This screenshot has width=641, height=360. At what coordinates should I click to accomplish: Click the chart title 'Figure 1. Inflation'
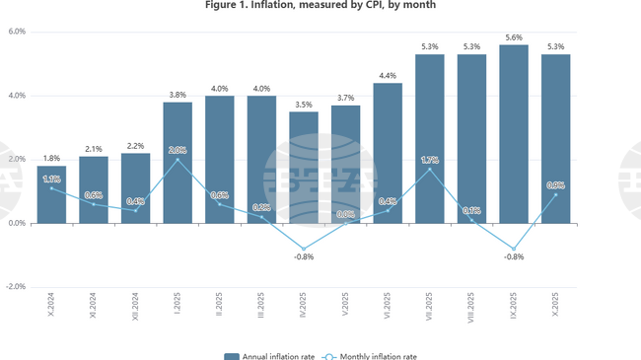[x=320, y=6]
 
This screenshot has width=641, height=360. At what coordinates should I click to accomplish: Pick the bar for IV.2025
[x=304, y=168]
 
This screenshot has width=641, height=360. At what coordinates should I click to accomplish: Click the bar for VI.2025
[x=388, y=153]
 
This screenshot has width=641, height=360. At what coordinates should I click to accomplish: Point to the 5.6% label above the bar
[x=513, y=36]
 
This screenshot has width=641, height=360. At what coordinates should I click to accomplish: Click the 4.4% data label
[x=388, y=75]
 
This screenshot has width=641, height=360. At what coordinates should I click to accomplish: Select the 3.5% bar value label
[x=304, y=104]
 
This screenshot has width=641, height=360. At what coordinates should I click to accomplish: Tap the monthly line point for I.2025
[x=178, y=160]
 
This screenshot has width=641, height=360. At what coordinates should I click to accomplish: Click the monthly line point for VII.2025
[x=429, y=169]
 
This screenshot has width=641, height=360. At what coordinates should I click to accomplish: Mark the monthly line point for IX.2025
[x=513, y=249]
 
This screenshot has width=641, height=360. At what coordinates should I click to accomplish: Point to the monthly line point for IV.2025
[x=304, y=249]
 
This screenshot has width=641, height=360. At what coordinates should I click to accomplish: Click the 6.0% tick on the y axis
[x=17, y=32]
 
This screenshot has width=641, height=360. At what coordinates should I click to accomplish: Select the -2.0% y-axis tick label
[x=16, y=287]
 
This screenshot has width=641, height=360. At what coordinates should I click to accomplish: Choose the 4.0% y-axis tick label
[x=17, y=96]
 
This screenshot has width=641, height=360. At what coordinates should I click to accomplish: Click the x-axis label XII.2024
[x=135, y=309]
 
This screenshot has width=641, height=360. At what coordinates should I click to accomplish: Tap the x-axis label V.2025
[x=345, y=307]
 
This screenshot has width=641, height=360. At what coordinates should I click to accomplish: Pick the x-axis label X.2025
[x=555, y=307]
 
